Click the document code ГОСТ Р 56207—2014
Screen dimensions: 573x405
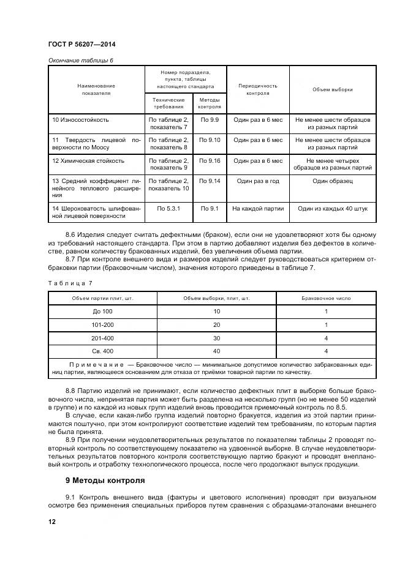pyautogui.click(x=81, y=45)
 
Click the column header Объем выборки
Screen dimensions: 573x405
pyautogui.click(x=332, y=90)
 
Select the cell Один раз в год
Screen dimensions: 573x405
pyautogui.click(x=257, y=181)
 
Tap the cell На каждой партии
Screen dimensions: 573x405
pyautogui.click(x=257, y=209)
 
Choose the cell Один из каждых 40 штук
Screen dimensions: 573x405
pyautogui.click(x=332, y=209)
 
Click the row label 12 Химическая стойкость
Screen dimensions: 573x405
pyautogui.click(x=88, y=161)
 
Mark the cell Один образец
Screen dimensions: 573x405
pyautogui.click(x=332, y=181)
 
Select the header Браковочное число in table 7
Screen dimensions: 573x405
pyautogui.click(x=326, y=298)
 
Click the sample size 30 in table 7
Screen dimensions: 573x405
pyautogui.click(x=216, y=337)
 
